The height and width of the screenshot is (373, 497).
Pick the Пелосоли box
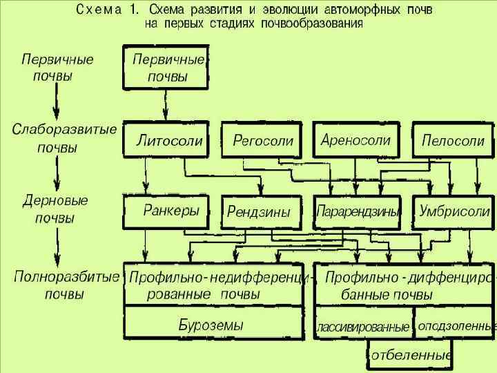coord(453,141)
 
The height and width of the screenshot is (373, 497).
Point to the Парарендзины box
coord(358,212)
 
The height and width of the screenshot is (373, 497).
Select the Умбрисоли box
coord(454,211)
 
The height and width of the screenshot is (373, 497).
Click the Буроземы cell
coord(211,324)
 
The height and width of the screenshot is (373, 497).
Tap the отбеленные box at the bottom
coord(409,355)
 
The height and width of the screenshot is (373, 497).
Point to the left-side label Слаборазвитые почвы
coord(64,138)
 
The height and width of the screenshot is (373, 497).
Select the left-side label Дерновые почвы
coord(55,209)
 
